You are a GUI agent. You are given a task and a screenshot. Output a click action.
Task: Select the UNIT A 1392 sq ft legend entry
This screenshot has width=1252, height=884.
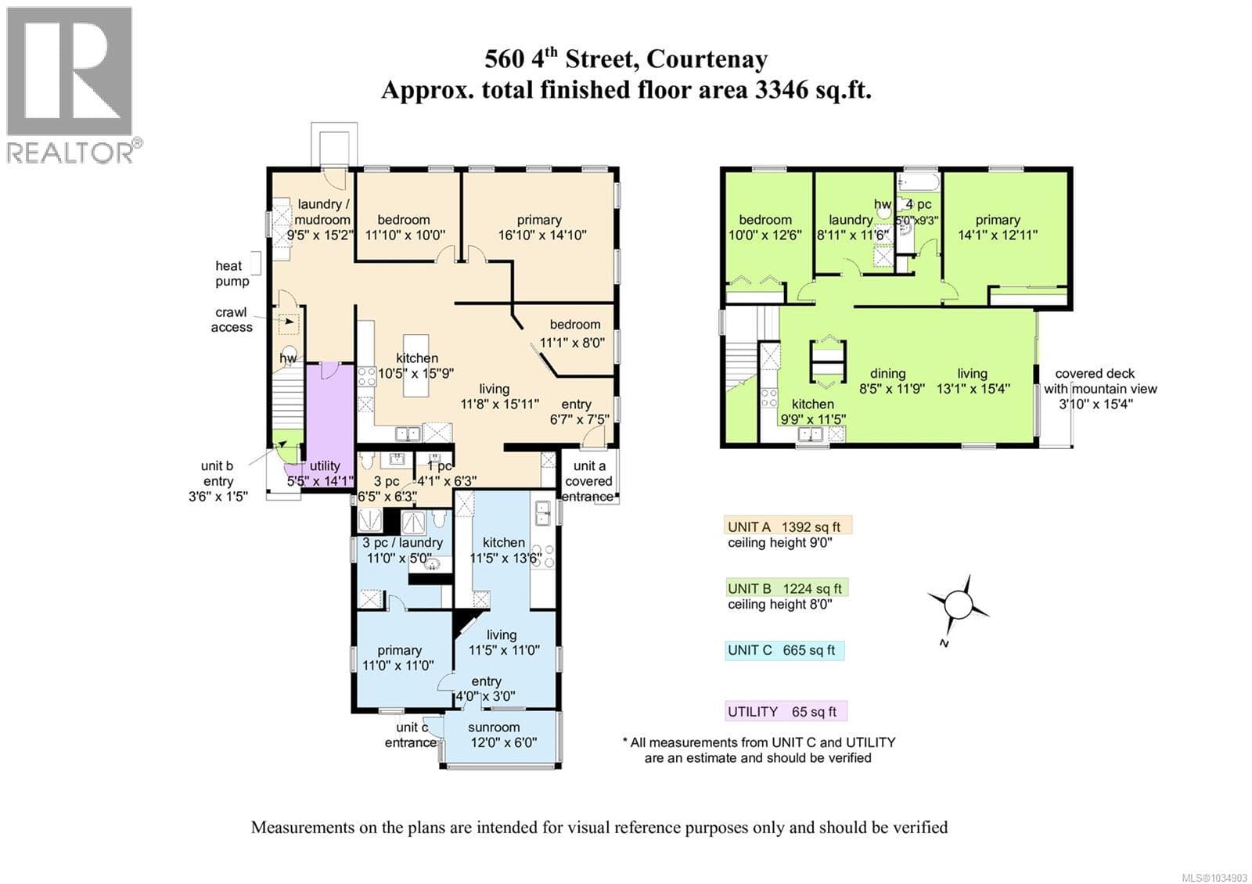click(787, 526)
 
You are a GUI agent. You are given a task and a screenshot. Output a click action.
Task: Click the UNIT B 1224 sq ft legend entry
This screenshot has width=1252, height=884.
click(786, 588)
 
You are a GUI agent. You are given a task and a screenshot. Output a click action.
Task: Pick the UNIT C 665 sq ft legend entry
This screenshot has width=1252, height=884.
click(784, 650)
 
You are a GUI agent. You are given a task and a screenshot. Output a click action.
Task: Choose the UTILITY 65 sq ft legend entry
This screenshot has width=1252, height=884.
click(786, 712)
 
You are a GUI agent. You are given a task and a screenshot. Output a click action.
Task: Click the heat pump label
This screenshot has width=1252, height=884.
click(232, 273)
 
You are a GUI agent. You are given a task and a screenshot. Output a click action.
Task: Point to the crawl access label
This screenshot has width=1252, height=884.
click(232, 320)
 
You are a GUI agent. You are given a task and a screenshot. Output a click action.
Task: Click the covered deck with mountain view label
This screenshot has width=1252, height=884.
click(1099, 388)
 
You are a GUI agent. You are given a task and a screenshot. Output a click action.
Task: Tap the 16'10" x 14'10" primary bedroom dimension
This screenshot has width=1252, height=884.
click(542, 235)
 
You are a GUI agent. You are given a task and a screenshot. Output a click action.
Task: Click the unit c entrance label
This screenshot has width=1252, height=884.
click(412, 735)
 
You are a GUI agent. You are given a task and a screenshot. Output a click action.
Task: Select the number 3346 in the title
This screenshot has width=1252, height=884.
click(780, 90)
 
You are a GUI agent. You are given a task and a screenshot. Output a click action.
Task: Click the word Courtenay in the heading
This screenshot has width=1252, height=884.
click(707, 59)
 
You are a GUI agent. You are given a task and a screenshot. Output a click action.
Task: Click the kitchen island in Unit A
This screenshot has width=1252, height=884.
click(416, 365)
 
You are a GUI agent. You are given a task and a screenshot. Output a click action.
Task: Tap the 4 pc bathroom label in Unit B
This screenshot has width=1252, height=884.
click(919, 204)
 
